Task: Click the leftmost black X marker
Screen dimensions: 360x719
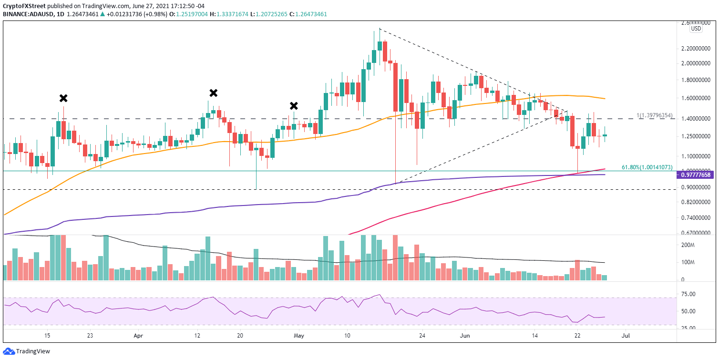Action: [x=63, y=98]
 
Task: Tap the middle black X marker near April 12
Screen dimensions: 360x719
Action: [x=214, y=93]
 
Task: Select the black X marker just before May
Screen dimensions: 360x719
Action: [x=294, y=106]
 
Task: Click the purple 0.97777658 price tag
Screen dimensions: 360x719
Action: [x=696, y=175]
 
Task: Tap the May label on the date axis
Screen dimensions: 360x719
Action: [x=299, y=336]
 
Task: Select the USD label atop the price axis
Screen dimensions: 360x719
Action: [x=696, y=29]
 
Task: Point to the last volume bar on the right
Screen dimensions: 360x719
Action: [x=605, y=277]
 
